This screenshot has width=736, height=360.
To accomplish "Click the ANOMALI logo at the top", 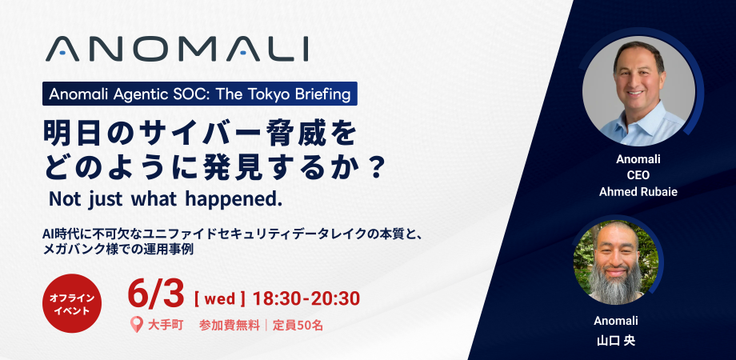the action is (x=177, y=49).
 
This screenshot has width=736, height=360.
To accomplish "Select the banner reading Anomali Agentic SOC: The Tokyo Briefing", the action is (x=200, y=94).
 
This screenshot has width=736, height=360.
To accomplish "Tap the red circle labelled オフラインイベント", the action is (x=72, y=304).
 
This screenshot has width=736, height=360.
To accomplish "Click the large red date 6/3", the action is (x=156, y=294).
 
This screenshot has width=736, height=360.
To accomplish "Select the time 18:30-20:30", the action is (x=306, y=298).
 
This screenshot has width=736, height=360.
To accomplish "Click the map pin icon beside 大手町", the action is (x=136, y=325).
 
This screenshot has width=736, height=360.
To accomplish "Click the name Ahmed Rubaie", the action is (x=638, y=192).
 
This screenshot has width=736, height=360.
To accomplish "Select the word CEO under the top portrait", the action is (x=638, y=175).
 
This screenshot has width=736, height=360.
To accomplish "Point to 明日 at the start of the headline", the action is (x=65, y=134).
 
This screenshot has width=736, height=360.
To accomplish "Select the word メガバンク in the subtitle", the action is (x=69, y=250).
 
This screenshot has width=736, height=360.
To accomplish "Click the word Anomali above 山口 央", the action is (x=615, y=321).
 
